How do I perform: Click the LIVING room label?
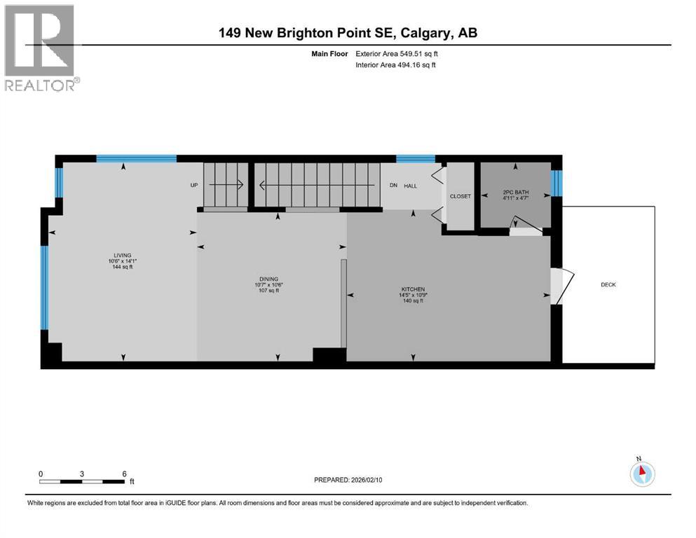123,255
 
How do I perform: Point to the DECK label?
608,284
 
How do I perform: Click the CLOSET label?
460,196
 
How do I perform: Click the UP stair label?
194,186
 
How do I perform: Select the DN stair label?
394,186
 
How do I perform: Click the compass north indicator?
641,473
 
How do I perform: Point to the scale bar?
83,481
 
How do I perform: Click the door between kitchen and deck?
559,287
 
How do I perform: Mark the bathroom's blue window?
557,184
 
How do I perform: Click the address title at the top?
348,33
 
